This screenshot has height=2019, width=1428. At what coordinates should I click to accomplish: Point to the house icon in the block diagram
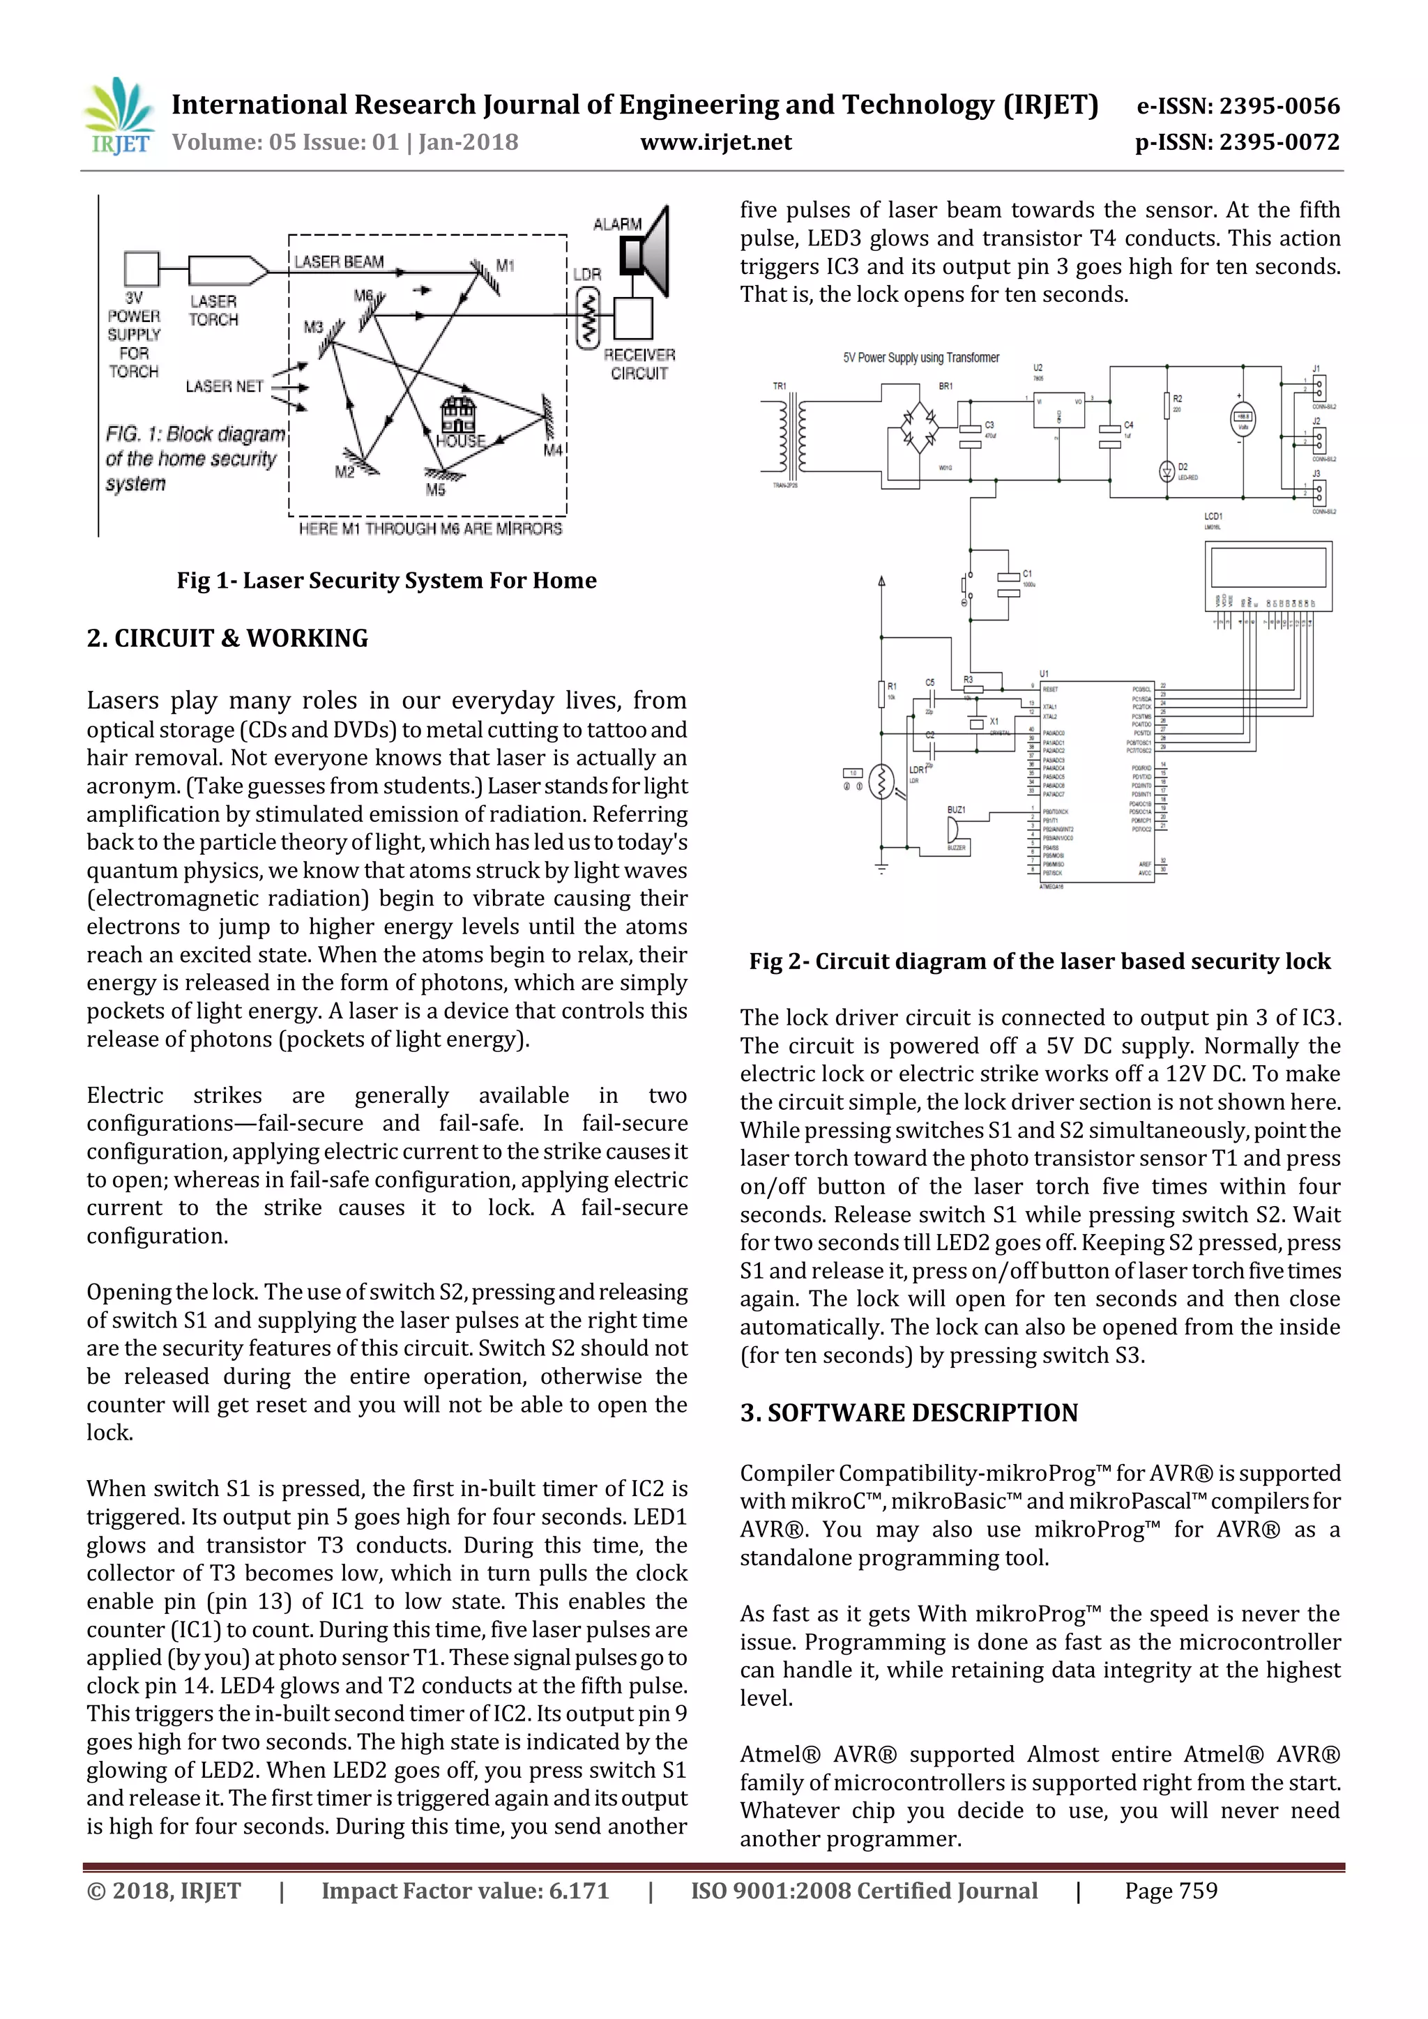click(x=457, y=415)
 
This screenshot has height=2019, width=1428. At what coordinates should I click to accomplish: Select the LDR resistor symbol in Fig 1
click(x=586, y=320)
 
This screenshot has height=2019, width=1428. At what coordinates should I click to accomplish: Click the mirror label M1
click(x=505, y=265)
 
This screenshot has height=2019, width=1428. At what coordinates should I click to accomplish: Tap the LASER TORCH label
click(x=213, y=310)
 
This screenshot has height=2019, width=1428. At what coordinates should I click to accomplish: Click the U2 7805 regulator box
click(x=1058, y=410)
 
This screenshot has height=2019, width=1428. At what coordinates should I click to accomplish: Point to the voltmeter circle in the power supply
click(x=1242, y=420)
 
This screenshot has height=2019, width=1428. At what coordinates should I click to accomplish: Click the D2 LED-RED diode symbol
click(x=1167, y=471)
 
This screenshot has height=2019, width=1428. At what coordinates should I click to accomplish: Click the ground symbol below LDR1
click(x=881, y=868)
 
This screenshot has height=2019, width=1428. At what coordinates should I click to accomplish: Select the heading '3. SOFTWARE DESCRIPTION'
click(x=909, y=1413)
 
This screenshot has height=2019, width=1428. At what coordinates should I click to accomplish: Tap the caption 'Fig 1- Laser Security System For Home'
click(x=386, y=580)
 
